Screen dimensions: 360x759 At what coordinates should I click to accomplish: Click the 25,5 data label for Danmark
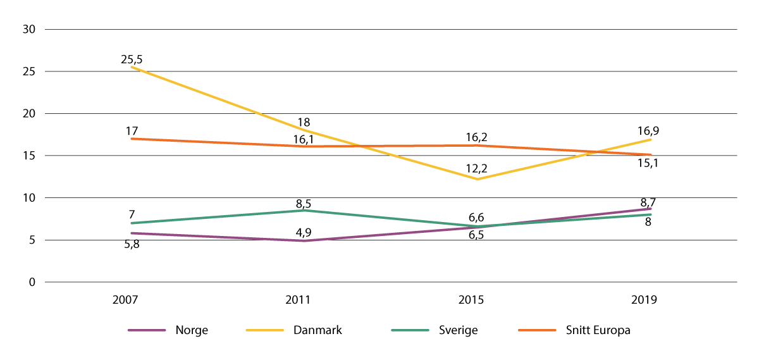pos(132,59)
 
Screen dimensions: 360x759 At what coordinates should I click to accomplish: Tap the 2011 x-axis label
pos(298,300)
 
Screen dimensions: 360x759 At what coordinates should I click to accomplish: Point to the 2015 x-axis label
pos(471,300)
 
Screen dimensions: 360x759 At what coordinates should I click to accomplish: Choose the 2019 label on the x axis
pos(645,300)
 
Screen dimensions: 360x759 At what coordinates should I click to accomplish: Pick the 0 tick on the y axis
pos(31,282)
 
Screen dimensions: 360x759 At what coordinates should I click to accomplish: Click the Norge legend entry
pos(192,330)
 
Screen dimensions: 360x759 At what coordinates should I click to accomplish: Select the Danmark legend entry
pos(318,330)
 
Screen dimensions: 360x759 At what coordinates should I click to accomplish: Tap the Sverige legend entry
pos(459,330)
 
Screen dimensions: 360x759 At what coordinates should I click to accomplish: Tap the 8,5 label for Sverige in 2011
pos(304,204)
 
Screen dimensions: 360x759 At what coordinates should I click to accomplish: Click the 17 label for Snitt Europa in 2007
pos(132,131)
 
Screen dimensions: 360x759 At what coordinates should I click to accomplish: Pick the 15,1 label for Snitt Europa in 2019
pos(646,164)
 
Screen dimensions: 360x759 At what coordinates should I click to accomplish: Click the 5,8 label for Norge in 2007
pos(132,244)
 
